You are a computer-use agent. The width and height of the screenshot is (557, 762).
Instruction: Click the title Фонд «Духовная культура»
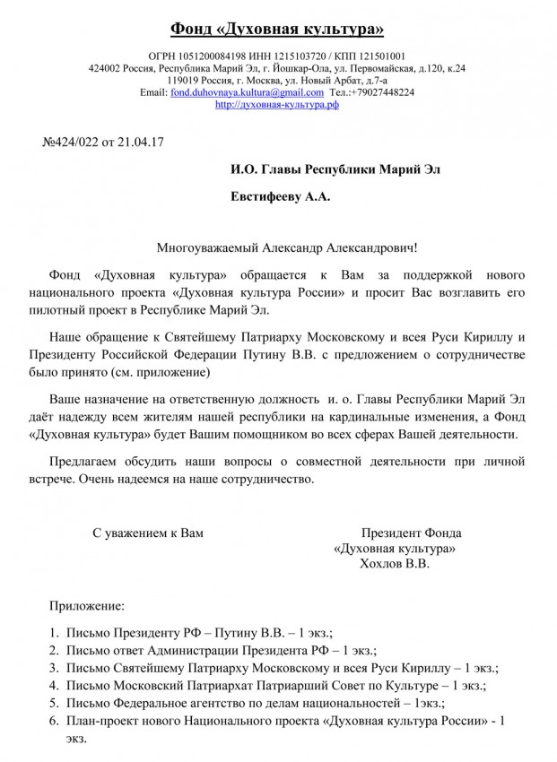point(278,30)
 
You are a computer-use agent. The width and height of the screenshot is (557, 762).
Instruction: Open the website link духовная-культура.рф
point(277,104)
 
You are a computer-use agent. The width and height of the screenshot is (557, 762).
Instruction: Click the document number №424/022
point(76,141)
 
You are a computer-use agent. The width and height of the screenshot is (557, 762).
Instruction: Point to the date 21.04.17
point(142,141)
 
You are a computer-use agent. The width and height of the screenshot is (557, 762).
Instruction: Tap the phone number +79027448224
point(382,92)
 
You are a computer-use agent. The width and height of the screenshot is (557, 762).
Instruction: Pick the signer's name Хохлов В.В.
point(394,564)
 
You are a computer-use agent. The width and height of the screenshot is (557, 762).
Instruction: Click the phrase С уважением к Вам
point(149,533)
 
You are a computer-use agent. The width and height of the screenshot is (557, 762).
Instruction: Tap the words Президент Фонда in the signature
point(405,533)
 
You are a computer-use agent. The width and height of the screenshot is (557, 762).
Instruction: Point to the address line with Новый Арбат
point(277,81)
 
